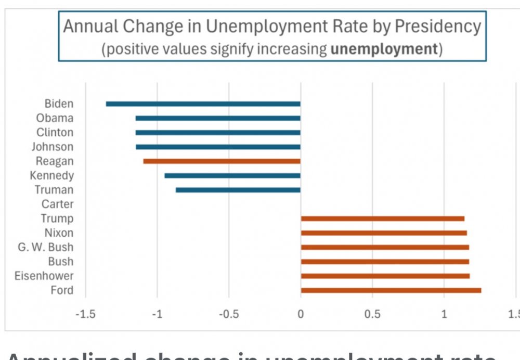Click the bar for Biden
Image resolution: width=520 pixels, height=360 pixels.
point(203,104)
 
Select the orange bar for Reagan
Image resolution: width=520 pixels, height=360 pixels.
point(222,161)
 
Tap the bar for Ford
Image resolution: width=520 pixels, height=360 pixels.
point(391,290)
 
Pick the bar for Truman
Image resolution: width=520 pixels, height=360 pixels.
point(238,190)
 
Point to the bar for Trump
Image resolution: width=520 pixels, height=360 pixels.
point(383,218)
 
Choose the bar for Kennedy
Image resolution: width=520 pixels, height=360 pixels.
point(232,175)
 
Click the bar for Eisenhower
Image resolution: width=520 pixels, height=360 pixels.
point(385,276)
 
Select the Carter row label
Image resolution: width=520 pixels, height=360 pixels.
point(57,204)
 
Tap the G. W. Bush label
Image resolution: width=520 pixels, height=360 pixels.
point(46,247)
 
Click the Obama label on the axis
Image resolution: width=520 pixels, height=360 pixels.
point(55,118)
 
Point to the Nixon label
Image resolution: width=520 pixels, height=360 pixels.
point(59,233)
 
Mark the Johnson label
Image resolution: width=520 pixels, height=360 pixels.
point(53,147)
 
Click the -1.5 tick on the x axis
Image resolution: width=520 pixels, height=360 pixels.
point(85,315)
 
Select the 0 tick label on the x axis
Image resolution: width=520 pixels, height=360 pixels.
point(301,315)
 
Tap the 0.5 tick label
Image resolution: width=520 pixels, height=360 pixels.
point(372,315)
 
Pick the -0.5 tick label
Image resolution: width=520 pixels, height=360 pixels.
point(229,315)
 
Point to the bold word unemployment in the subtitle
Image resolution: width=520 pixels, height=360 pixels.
point(384,49)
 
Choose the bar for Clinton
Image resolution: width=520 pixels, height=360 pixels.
point(218,133)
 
